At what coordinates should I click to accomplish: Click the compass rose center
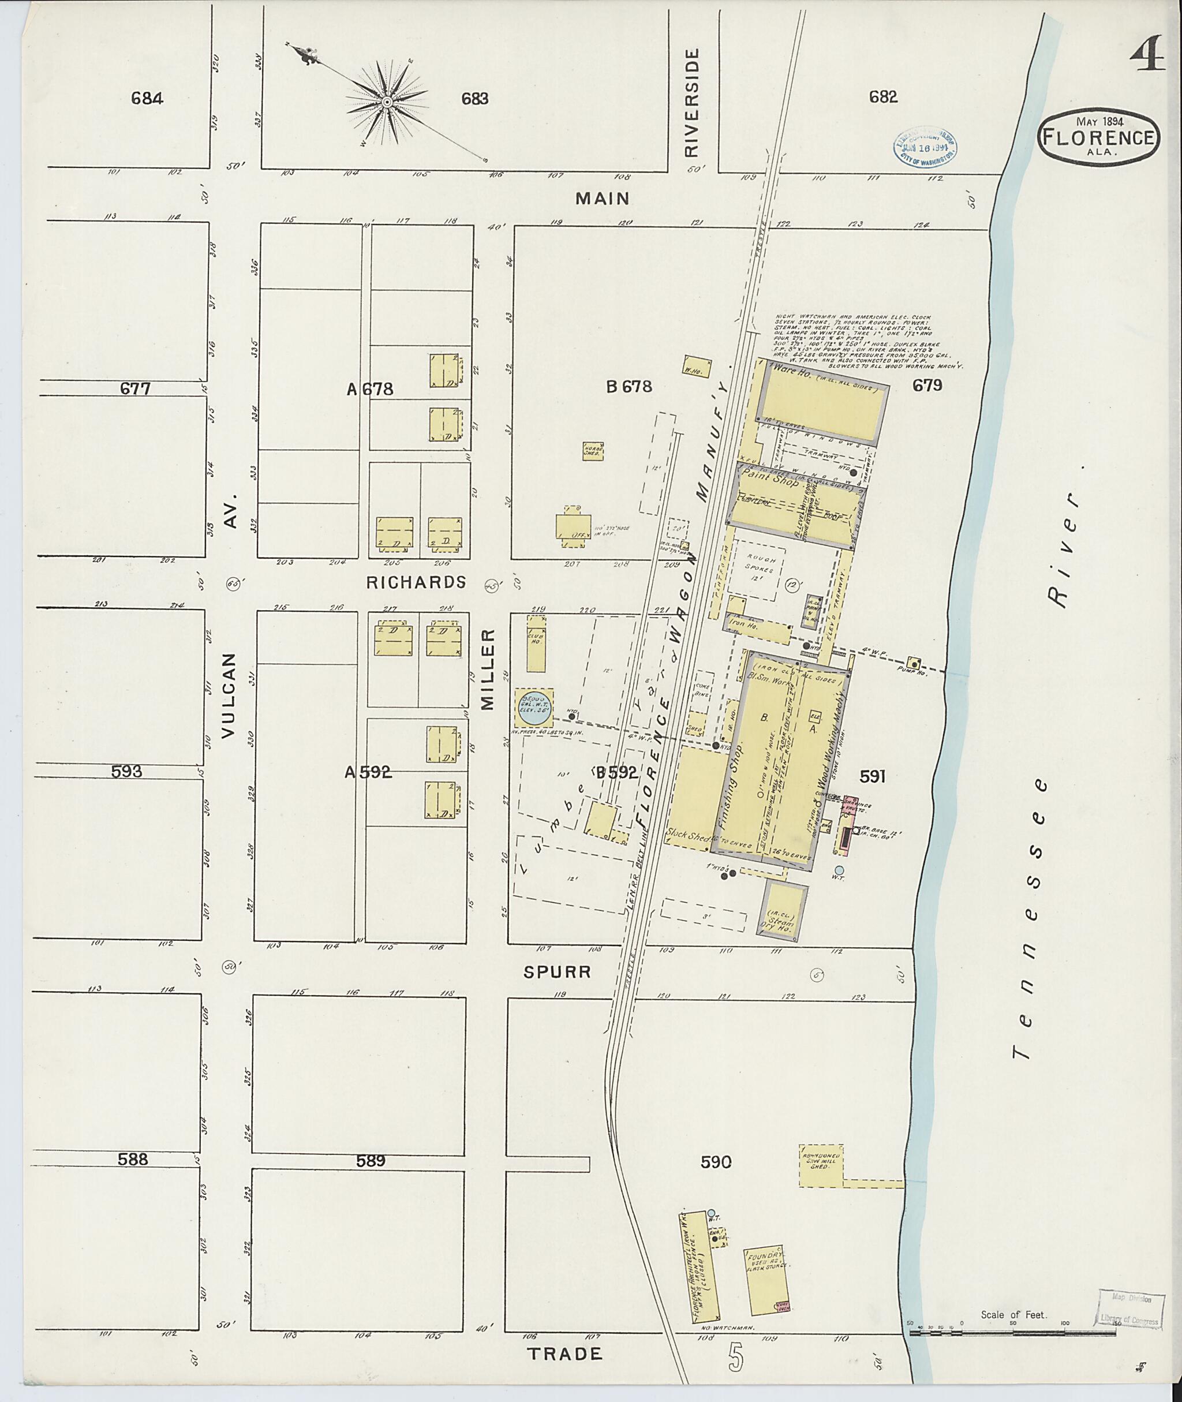[387, 102]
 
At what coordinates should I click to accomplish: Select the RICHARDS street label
[416, 582]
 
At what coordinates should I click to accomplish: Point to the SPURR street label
[558, 972]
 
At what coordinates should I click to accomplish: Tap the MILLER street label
[487, 670]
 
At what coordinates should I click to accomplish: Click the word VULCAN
[230, 695]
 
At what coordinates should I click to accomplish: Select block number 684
[147, 99]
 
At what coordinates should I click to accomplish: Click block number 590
[715, 1161]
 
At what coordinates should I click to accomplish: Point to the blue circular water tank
[534, 708]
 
